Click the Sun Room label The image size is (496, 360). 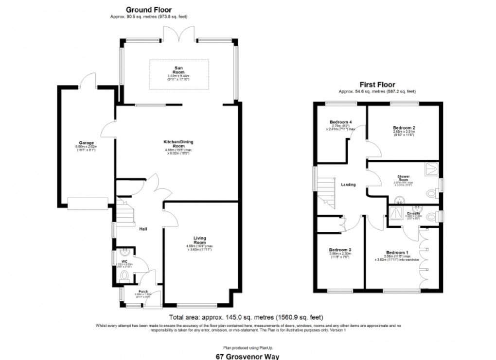tap(179, 69)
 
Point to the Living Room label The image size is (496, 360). tap(200, 239)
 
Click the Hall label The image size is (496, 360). tap(143, 229)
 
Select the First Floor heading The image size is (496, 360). tap(377, 85)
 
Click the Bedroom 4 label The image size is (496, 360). tap(340, 122)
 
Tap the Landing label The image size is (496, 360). tap(348, 185)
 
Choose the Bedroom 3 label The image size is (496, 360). tap(340, 250)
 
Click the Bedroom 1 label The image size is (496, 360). tap(397, 253)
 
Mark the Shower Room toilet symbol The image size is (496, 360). tap(431, 194)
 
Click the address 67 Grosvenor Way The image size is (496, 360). tap(248, 356)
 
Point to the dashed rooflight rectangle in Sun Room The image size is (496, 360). tap(179, 74)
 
